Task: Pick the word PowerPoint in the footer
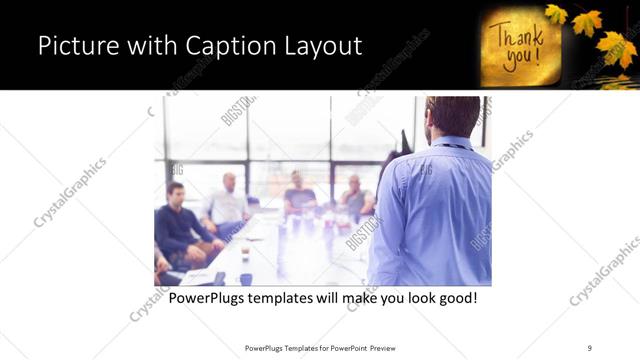point(344,348)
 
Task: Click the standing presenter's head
point(452,116)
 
